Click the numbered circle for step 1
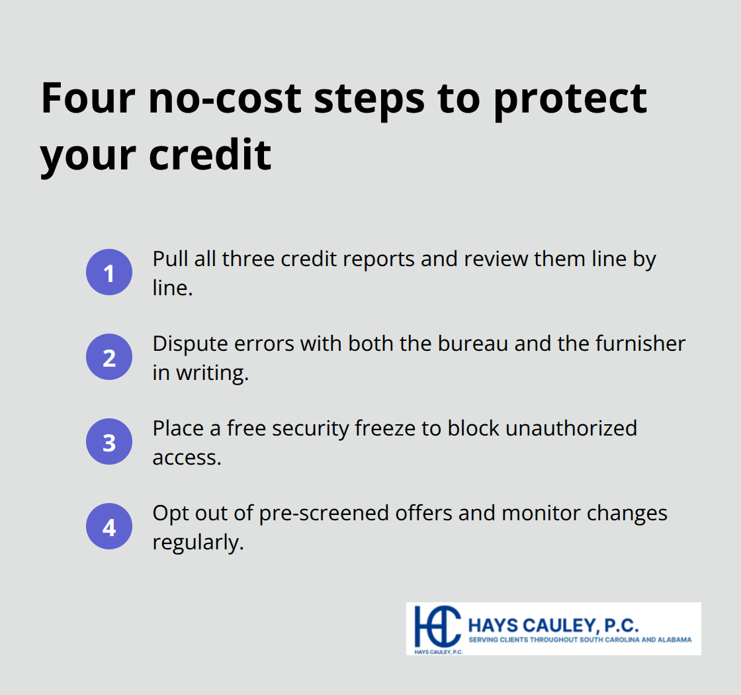pyautogui.click(x=109, y=272)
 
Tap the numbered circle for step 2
pyautogui.click(x=109, y=357)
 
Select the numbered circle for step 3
pyautogui.click(x=109, y=441)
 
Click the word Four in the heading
pyautogui.click(x=88, y=98)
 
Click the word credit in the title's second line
pyautogui.click(x=210, y=154)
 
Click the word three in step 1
pyautogui.click(x=249, y=259)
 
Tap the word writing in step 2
pyautogui.click(x=212, y=373)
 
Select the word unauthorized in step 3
pyautogui.click(x=571, y=428)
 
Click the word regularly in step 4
pyautogui.click(x=198, y=543)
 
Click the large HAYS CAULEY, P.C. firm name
pyautogui.click(x=553, y=625)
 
